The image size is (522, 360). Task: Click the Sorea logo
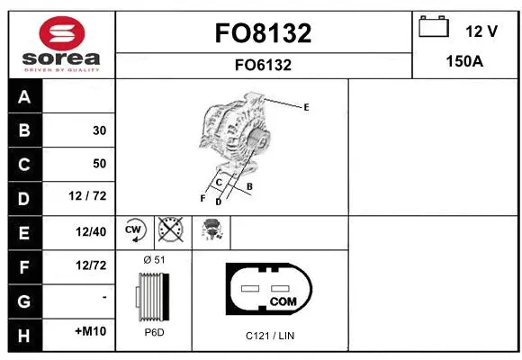pos(60,44)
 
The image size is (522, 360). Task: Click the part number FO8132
pos(263,33)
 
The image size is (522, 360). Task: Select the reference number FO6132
pos(263,65)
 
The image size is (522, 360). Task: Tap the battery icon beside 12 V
pos(434,28)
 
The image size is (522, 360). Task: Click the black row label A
pos(23,97)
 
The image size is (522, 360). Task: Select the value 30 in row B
pos(99,130)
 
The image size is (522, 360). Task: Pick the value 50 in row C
pos(99,164)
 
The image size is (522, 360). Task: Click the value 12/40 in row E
pos(92,231)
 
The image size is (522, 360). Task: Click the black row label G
pos(23,298)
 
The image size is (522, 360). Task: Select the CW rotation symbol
pos(134,230)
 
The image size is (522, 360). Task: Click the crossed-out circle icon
pos(169,230)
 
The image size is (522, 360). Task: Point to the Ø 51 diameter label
pos(154,260)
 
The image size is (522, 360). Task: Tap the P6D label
pos(154,333)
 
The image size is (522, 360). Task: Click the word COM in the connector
pos(283,301)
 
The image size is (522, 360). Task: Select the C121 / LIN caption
pos(270,336)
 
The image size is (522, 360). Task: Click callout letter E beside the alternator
pos(306,107)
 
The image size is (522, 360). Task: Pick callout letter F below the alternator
pos(202,197)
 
